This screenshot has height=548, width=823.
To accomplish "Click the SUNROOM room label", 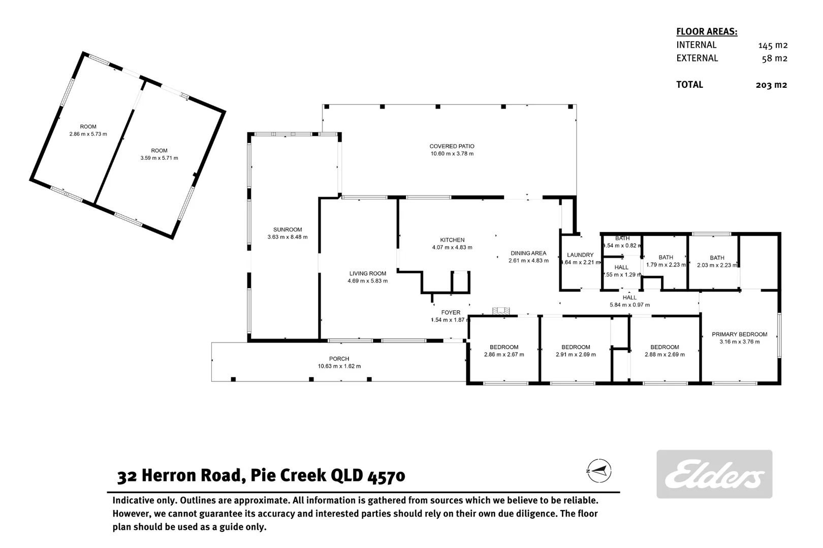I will (x=288, y=230).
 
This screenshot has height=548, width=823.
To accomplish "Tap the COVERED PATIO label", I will (x=452, y=146).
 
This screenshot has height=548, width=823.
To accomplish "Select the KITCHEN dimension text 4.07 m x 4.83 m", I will (x=452, y=248).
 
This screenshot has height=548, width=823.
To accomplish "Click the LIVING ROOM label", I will (x=367, y=273).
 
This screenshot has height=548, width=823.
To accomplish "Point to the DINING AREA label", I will (x=528, y=253).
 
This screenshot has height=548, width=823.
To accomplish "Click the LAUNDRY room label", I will (x=580, y=255).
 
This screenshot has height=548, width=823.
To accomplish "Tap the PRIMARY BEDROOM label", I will (x=739, y=334).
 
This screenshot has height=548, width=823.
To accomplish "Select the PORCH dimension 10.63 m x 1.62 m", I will (x=339, y=366).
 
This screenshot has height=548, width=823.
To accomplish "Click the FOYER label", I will (x=451, y=313).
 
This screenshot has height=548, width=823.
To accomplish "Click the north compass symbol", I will (x=599, y=470).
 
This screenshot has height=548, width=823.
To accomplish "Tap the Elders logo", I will (x=714, y=474).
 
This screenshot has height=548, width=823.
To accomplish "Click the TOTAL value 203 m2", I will (x=771, y=85).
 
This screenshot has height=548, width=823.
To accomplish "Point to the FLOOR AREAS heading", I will (x=706, y=31).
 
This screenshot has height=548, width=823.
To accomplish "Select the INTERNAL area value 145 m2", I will (x=772, y=45).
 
